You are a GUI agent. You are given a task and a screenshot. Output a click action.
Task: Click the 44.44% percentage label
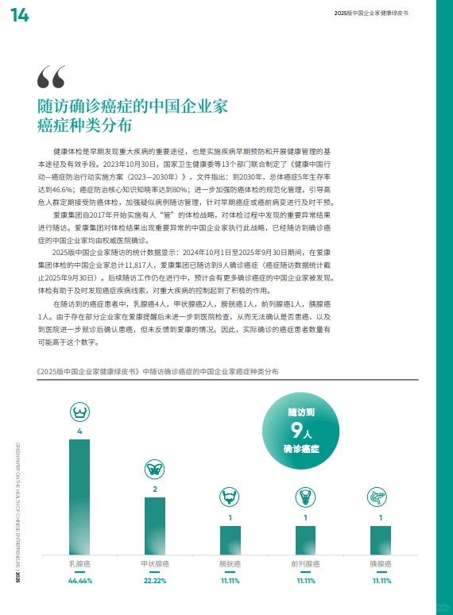point(79,581)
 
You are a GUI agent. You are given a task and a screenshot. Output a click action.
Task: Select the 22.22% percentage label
point(155,581)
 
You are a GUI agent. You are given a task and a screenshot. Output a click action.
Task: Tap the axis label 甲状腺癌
point(155,564)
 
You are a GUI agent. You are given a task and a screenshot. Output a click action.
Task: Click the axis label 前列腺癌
point(305,564)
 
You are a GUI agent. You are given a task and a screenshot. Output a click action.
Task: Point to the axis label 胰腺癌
point(381,564)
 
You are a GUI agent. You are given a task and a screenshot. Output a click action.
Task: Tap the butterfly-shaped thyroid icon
point(155,469)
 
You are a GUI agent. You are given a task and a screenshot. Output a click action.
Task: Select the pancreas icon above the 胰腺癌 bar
point(381,497)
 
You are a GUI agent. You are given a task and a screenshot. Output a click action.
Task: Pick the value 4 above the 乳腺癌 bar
point(79,431)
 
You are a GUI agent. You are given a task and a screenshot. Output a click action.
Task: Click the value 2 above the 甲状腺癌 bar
point(155,489)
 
